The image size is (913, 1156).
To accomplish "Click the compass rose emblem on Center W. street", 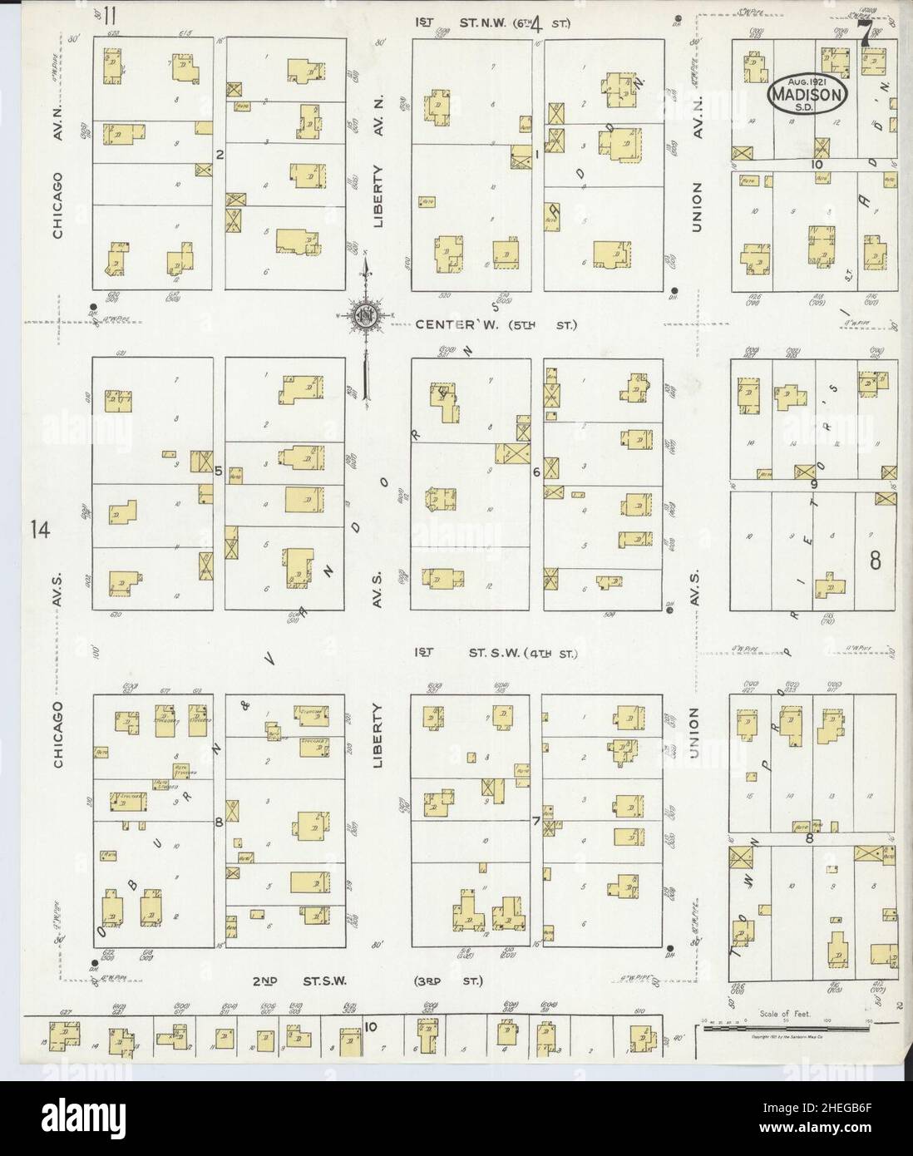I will tap(364, 316).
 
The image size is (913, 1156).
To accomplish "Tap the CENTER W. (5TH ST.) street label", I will tap(496, 324).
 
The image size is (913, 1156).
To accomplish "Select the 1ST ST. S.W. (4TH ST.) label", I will tap(496, 655).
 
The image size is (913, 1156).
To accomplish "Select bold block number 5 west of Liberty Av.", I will tap(219, 471).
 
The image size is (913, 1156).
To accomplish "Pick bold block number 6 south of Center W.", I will tap(537, 472).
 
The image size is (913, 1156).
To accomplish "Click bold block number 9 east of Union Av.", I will tap(814, 483).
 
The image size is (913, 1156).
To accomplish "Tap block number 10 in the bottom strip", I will tap(370, 1026).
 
